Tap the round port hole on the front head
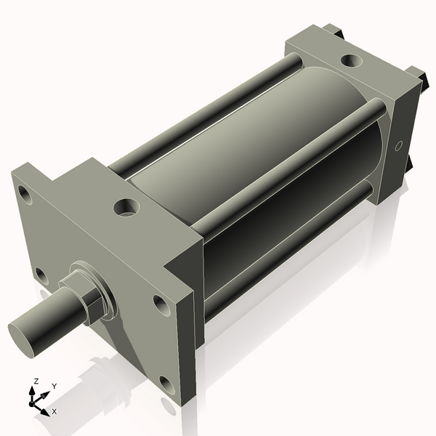pyautogui.click(x=127, y=207)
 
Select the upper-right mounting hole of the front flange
pyautogui.click(x=161, y=304)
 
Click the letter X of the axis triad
pyautogui.click(x=54, y=411)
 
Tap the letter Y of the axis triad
pyautogui.click(x=54, y=386)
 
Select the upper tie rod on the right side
pyautogui.click(x=291, y=167)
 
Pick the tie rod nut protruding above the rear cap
pyautogui.click(x=335, y=31)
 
